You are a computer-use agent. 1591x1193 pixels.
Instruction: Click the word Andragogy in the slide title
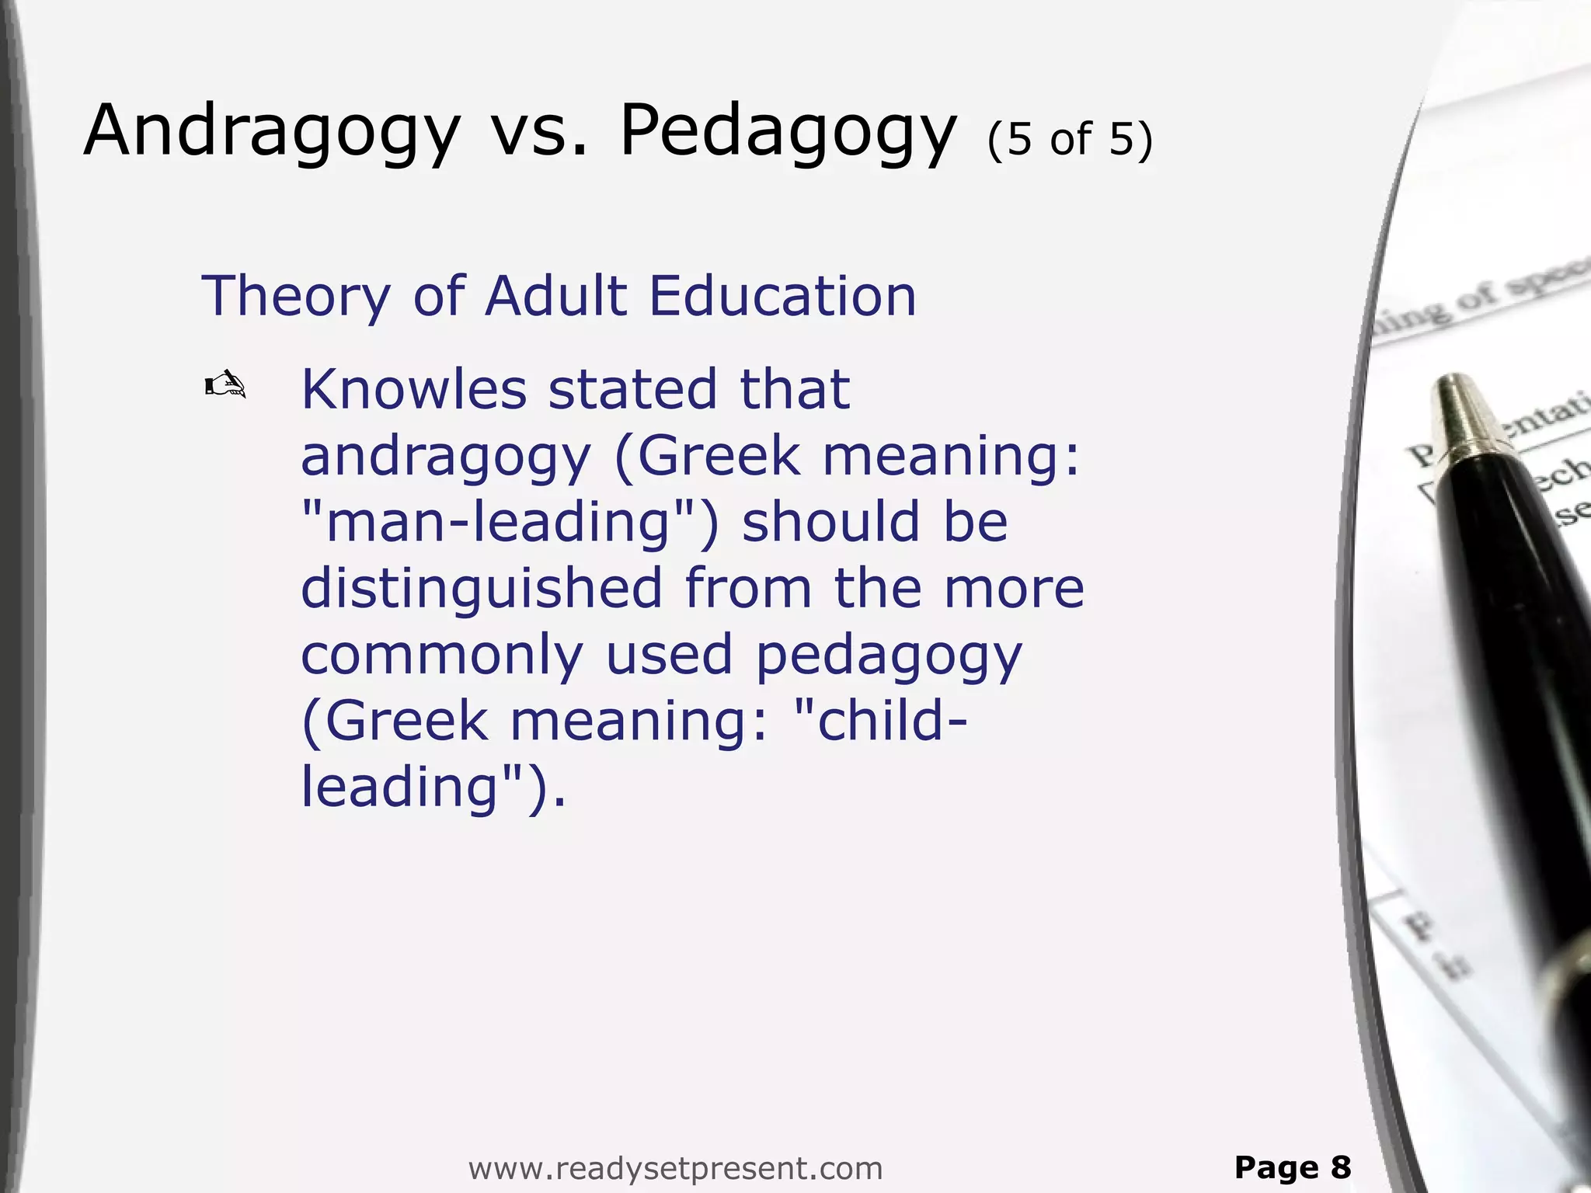[272, 132]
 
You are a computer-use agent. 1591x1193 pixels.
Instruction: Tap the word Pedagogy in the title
[788, 132]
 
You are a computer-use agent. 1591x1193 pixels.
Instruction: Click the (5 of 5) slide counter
[1070, 140]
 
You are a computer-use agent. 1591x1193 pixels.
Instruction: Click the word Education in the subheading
[782, 297]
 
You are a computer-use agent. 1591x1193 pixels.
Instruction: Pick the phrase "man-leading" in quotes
[510, 522]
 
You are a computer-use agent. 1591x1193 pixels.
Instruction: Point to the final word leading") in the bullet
[432, 787]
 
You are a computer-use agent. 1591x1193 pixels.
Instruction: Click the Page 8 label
[1293, 1167]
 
